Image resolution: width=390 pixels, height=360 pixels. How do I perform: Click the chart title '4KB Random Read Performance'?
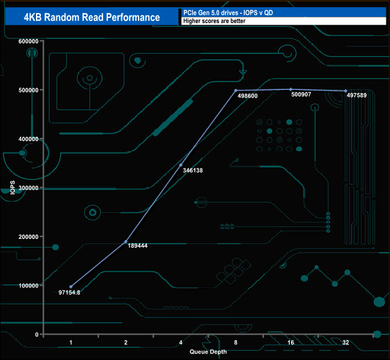click(91, 17)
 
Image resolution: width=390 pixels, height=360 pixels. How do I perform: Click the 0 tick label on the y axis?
click(36, 334)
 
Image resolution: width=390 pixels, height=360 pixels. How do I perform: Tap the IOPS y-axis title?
click(13, 188)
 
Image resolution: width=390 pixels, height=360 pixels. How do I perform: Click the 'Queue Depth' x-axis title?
click(208, 352)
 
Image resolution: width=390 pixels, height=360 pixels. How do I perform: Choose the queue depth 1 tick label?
click(71, 343)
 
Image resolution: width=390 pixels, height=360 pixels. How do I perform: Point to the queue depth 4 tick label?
click(181, 343)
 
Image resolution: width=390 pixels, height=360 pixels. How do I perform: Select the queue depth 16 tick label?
click(290, 343)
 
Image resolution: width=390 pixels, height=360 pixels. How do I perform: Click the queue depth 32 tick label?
click(345, 343)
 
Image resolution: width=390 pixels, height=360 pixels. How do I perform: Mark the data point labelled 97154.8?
click(71, 287)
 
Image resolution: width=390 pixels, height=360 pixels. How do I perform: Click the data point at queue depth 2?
click(126, 242)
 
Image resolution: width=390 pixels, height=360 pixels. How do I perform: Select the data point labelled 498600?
click(236, 91)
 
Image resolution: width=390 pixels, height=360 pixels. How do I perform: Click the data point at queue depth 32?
click(346, 91)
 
